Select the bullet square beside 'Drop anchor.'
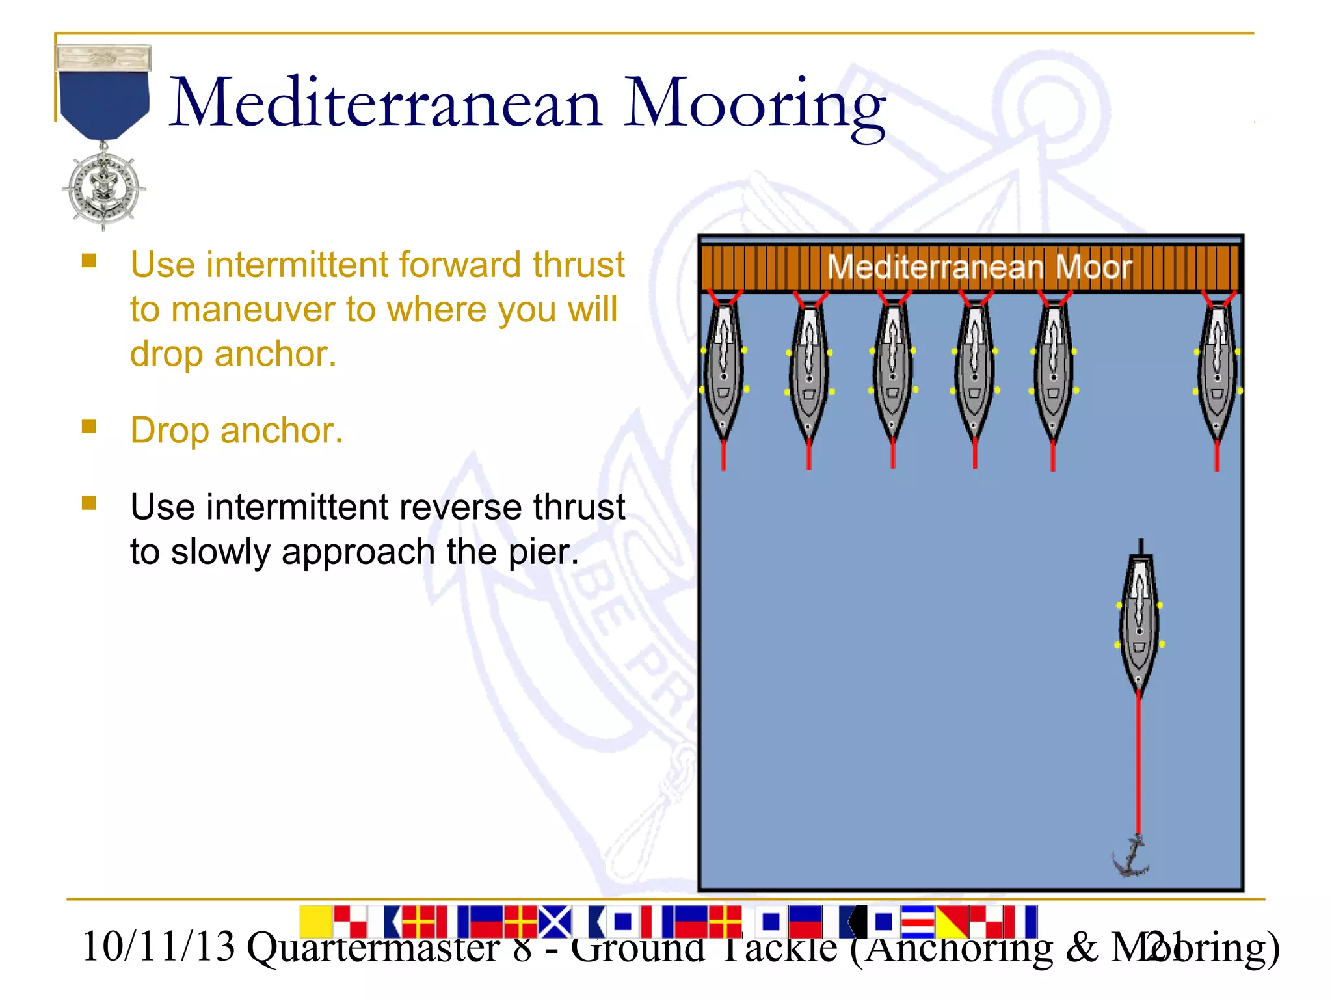89,427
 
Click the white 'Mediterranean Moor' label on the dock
979,267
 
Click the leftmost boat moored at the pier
724,371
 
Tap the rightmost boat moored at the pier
1217,371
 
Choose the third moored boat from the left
892,371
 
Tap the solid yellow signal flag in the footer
316,921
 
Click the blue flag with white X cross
555,922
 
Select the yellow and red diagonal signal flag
952,922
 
